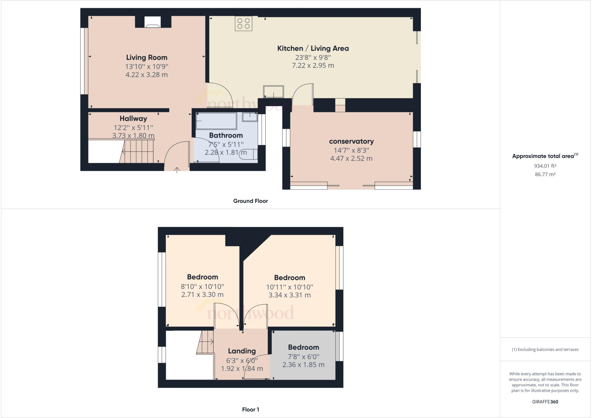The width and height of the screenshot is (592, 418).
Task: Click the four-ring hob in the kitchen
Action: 243,23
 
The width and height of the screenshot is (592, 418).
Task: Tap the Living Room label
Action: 147,57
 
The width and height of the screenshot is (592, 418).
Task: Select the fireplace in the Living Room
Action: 153,22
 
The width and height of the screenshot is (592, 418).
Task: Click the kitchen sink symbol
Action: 273,92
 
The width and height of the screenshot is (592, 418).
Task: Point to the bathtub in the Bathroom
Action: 216,121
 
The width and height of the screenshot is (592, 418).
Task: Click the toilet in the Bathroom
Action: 249,154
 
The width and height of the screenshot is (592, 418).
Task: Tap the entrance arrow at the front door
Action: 177,170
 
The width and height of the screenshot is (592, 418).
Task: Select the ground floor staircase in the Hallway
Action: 138,152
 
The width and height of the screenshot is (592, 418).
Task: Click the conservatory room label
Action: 351,141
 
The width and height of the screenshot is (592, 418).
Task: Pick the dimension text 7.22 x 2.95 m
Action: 313,65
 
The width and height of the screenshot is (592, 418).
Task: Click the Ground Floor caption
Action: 250,201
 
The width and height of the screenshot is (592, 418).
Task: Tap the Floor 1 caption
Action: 250,409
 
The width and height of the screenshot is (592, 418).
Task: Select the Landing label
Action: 242,351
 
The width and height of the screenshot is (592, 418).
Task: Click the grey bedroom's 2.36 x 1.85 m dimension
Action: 303,364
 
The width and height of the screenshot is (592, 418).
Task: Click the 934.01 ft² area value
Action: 545,166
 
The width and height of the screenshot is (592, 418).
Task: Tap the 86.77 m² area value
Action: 545,174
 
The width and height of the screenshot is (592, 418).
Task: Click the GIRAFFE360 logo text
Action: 545,402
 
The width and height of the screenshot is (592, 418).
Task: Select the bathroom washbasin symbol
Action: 250,117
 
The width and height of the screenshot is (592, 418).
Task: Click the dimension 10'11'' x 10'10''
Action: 289,287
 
